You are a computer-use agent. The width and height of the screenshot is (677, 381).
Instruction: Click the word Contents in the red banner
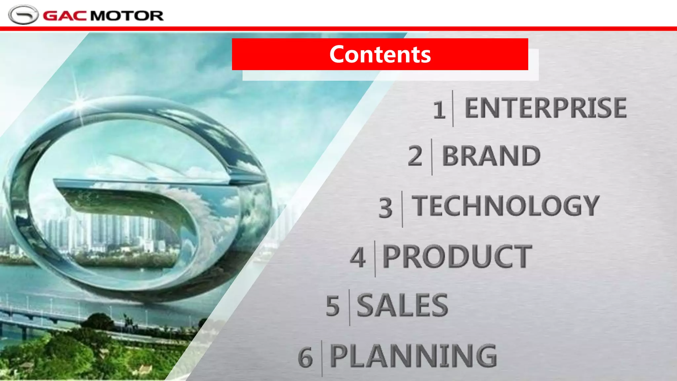point(380,54)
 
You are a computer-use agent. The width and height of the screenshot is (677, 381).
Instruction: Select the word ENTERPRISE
point(545,108)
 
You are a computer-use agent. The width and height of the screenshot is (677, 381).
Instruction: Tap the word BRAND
point(491,156)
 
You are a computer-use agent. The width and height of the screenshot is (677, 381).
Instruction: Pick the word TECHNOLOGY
point(506,206)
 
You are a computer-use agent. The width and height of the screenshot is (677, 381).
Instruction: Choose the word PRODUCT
point(457,256)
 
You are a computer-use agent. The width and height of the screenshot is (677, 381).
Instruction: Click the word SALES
point(402,305)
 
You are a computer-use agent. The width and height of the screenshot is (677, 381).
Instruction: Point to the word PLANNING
point(414,356)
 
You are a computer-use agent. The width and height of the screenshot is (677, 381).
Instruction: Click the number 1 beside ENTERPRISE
point(439,110)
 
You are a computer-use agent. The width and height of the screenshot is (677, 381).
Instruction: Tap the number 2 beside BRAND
point(415,156)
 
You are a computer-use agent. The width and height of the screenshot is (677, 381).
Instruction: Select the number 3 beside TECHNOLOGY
point(386,208)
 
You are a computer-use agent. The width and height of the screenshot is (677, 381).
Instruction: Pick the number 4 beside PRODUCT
point(358,257)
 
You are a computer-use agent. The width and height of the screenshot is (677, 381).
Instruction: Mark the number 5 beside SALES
point(333,306)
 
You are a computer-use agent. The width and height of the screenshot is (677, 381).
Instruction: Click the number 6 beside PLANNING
point(305,358)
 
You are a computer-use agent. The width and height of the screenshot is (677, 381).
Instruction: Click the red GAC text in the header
point(65,16)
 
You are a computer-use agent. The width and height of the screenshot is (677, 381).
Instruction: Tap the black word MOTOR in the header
point(127,16)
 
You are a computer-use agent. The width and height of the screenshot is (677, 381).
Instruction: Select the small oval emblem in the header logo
point(23,15)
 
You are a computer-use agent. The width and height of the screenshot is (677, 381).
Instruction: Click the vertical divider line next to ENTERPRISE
point(453,108)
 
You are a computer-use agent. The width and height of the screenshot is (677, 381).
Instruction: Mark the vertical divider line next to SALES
point(349,307)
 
